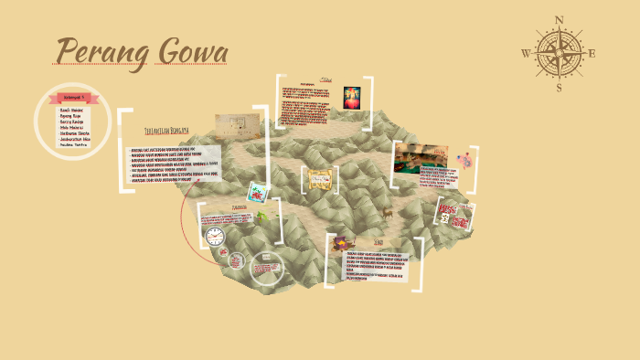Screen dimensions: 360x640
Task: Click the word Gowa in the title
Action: pyautogui.click(x=192, y=53)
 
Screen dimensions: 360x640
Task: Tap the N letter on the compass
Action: pyautogui.click(x=560, y=20)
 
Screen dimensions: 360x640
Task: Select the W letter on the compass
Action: pyautogui.click(x=526, y=54)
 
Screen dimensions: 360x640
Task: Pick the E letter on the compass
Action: pyautogui.click(x=592, y=53)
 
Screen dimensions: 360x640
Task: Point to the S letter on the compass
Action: pyautogui.click(x=560, y=88)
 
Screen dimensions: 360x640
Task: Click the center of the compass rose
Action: pyautogui.click(x=560, y=53)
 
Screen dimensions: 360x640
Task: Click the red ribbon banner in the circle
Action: pyautogui.click(x=71, y=97)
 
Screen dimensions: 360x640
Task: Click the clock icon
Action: pyautogui.click(x=215, y=237)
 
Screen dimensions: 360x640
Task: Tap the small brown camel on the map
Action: pyautogui.click(x=388, y=213)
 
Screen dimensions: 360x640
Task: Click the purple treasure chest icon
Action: pyautogui.click(x=339, y=240)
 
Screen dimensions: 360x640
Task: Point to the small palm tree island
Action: pyautogui.click(x=262, y=217)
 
